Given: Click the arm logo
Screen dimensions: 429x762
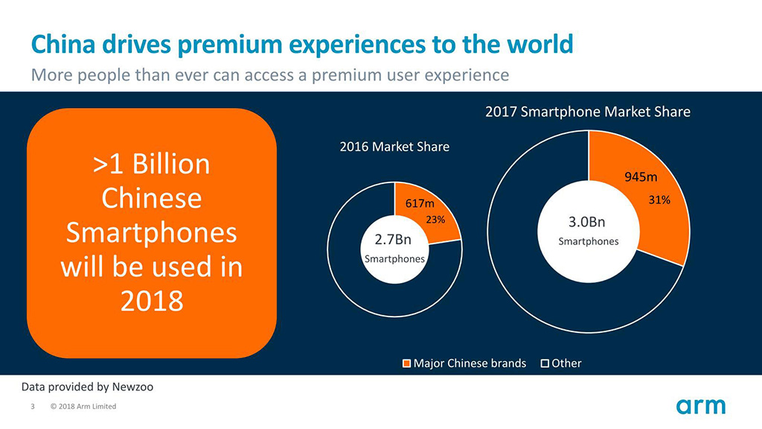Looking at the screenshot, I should [x=700, y=406].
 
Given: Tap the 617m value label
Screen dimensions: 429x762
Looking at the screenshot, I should [x=420, y=204].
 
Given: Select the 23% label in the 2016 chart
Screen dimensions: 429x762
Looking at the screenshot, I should [x=435, y=220].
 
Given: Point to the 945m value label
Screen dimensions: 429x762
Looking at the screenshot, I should [x=640, y=177].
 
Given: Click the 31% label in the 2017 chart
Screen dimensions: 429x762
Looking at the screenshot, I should [x=659, y=200].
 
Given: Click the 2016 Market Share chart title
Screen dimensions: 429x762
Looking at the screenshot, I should [x=394, y=147].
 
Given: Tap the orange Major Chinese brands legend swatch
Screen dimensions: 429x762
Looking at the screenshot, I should [x=406, y=363].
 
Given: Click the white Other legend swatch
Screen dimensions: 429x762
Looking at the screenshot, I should [x=545, y=363].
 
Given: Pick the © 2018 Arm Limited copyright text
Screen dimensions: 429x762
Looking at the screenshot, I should [x=83, y=407].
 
